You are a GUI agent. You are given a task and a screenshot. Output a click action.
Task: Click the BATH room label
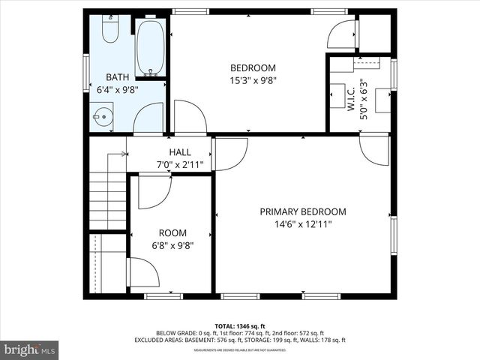point(118,76)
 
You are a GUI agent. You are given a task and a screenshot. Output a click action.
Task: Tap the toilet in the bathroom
point(110,30)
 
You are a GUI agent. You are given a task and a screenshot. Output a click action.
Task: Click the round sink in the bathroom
point(102,116)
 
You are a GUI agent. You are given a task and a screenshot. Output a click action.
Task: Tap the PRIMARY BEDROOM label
point(303,211)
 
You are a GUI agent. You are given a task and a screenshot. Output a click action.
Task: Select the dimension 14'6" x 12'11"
point(303,223)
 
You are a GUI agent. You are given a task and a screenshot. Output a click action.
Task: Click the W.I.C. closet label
point(350,99)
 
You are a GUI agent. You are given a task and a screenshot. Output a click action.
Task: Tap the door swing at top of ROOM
point(154,190)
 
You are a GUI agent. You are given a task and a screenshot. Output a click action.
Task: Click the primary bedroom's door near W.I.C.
point(374,148)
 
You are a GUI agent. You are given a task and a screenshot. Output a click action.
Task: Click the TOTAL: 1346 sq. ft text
point(239,325)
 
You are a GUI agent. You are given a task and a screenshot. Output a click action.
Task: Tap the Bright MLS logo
point(30,349)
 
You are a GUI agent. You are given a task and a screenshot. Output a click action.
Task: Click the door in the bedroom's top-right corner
point(342,34)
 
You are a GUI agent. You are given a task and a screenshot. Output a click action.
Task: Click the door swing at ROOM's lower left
point(144,272)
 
